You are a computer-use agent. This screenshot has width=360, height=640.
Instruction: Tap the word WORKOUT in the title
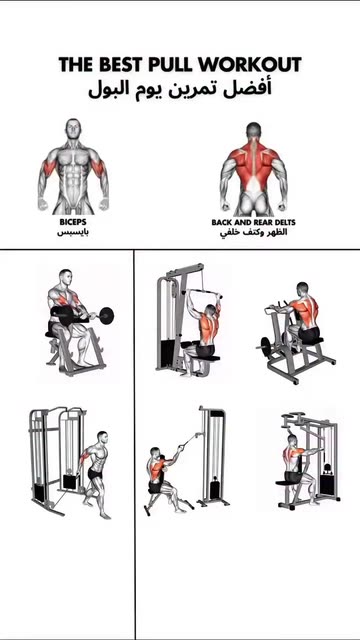click(x=251, y=64)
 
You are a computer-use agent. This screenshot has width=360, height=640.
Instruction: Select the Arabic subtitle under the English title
click(x=180, y=89)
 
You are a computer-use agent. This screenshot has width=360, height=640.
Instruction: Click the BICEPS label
click(x=73, y=222)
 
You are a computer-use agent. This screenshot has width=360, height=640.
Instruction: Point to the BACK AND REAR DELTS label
click(x=253, y=222)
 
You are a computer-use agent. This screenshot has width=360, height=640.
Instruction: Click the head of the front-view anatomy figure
click(x=73, y=129)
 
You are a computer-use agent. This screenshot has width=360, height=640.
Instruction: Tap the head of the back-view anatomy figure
click(x=253, y=131)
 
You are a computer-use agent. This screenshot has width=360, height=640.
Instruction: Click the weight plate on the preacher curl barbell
click(x=106, y=316)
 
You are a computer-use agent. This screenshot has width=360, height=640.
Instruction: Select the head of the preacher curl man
click(x=65, y=278)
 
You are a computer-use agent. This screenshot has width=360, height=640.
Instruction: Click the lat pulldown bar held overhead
click(x=203, y=292)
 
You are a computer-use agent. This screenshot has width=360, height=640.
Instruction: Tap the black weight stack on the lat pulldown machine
click(x=167, y=354)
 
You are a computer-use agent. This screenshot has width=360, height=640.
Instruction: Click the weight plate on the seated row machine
click(x=264, y=346)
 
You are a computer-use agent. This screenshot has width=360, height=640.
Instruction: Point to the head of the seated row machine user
click(x=302, y=289)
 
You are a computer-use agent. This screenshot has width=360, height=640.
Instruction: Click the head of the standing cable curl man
click(x=102, y=438)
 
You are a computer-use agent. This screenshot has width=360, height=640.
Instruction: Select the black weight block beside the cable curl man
click(x=69, y=481)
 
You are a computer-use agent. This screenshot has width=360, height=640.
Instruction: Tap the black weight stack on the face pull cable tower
click(x=215, y=490)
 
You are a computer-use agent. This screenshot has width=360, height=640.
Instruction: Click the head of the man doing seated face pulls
click(x=154, y=453)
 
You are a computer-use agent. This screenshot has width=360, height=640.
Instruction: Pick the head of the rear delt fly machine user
click(x=292, y=440)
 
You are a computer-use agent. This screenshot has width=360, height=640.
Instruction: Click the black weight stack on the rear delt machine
click(x=327, y=484)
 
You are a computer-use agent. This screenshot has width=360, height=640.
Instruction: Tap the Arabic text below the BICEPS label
click(x=73, y=233)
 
